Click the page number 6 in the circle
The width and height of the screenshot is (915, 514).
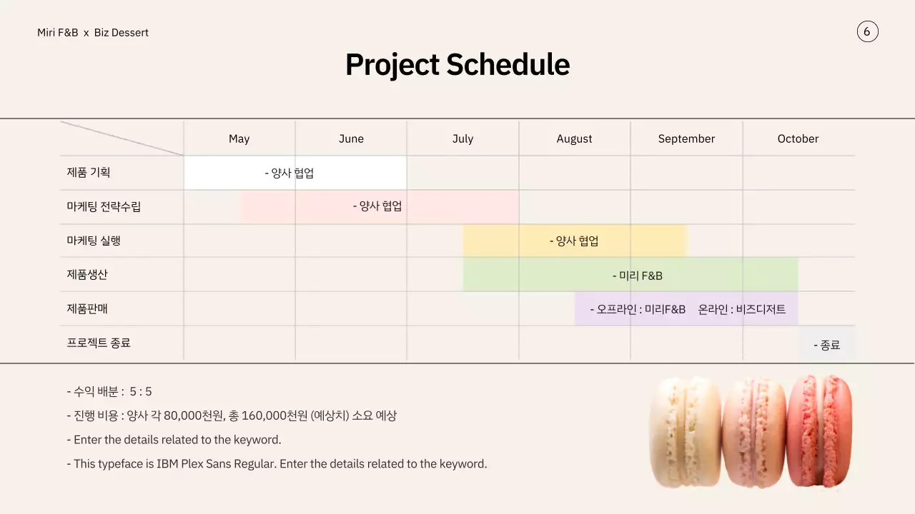point(867,32)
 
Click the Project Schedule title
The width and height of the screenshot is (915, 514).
point(457,64)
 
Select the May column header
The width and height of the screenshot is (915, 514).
point(239,138)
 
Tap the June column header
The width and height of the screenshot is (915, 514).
point(351,138)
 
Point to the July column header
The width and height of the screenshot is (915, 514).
point(463,138)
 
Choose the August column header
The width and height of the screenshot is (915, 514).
point(574,138)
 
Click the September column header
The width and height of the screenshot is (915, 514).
point(686,138)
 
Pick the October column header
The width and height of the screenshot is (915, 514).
point(798,138)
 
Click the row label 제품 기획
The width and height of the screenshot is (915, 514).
point(88,172)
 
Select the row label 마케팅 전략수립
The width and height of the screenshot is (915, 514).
point(104,206)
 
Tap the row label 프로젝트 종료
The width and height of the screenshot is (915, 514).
point(99,343)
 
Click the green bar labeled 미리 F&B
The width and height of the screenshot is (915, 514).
point(630,275)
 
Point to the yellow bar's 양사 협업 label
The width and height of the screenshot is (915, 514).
point(574,241)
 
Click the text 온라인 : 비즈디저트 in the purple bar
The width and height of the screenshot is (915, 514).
point(741,310)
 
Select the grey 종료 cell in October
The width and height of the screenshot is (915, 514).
point(826,343)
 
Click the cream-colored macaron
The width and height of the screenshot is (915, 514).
point(685,432)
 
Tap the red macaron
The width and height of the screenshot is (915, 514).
point(820,430)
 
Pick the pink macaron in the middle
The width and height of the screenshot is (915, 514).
point(754,433)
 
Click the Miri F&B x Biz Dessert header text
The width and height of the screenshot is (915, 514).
point(93,33)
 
